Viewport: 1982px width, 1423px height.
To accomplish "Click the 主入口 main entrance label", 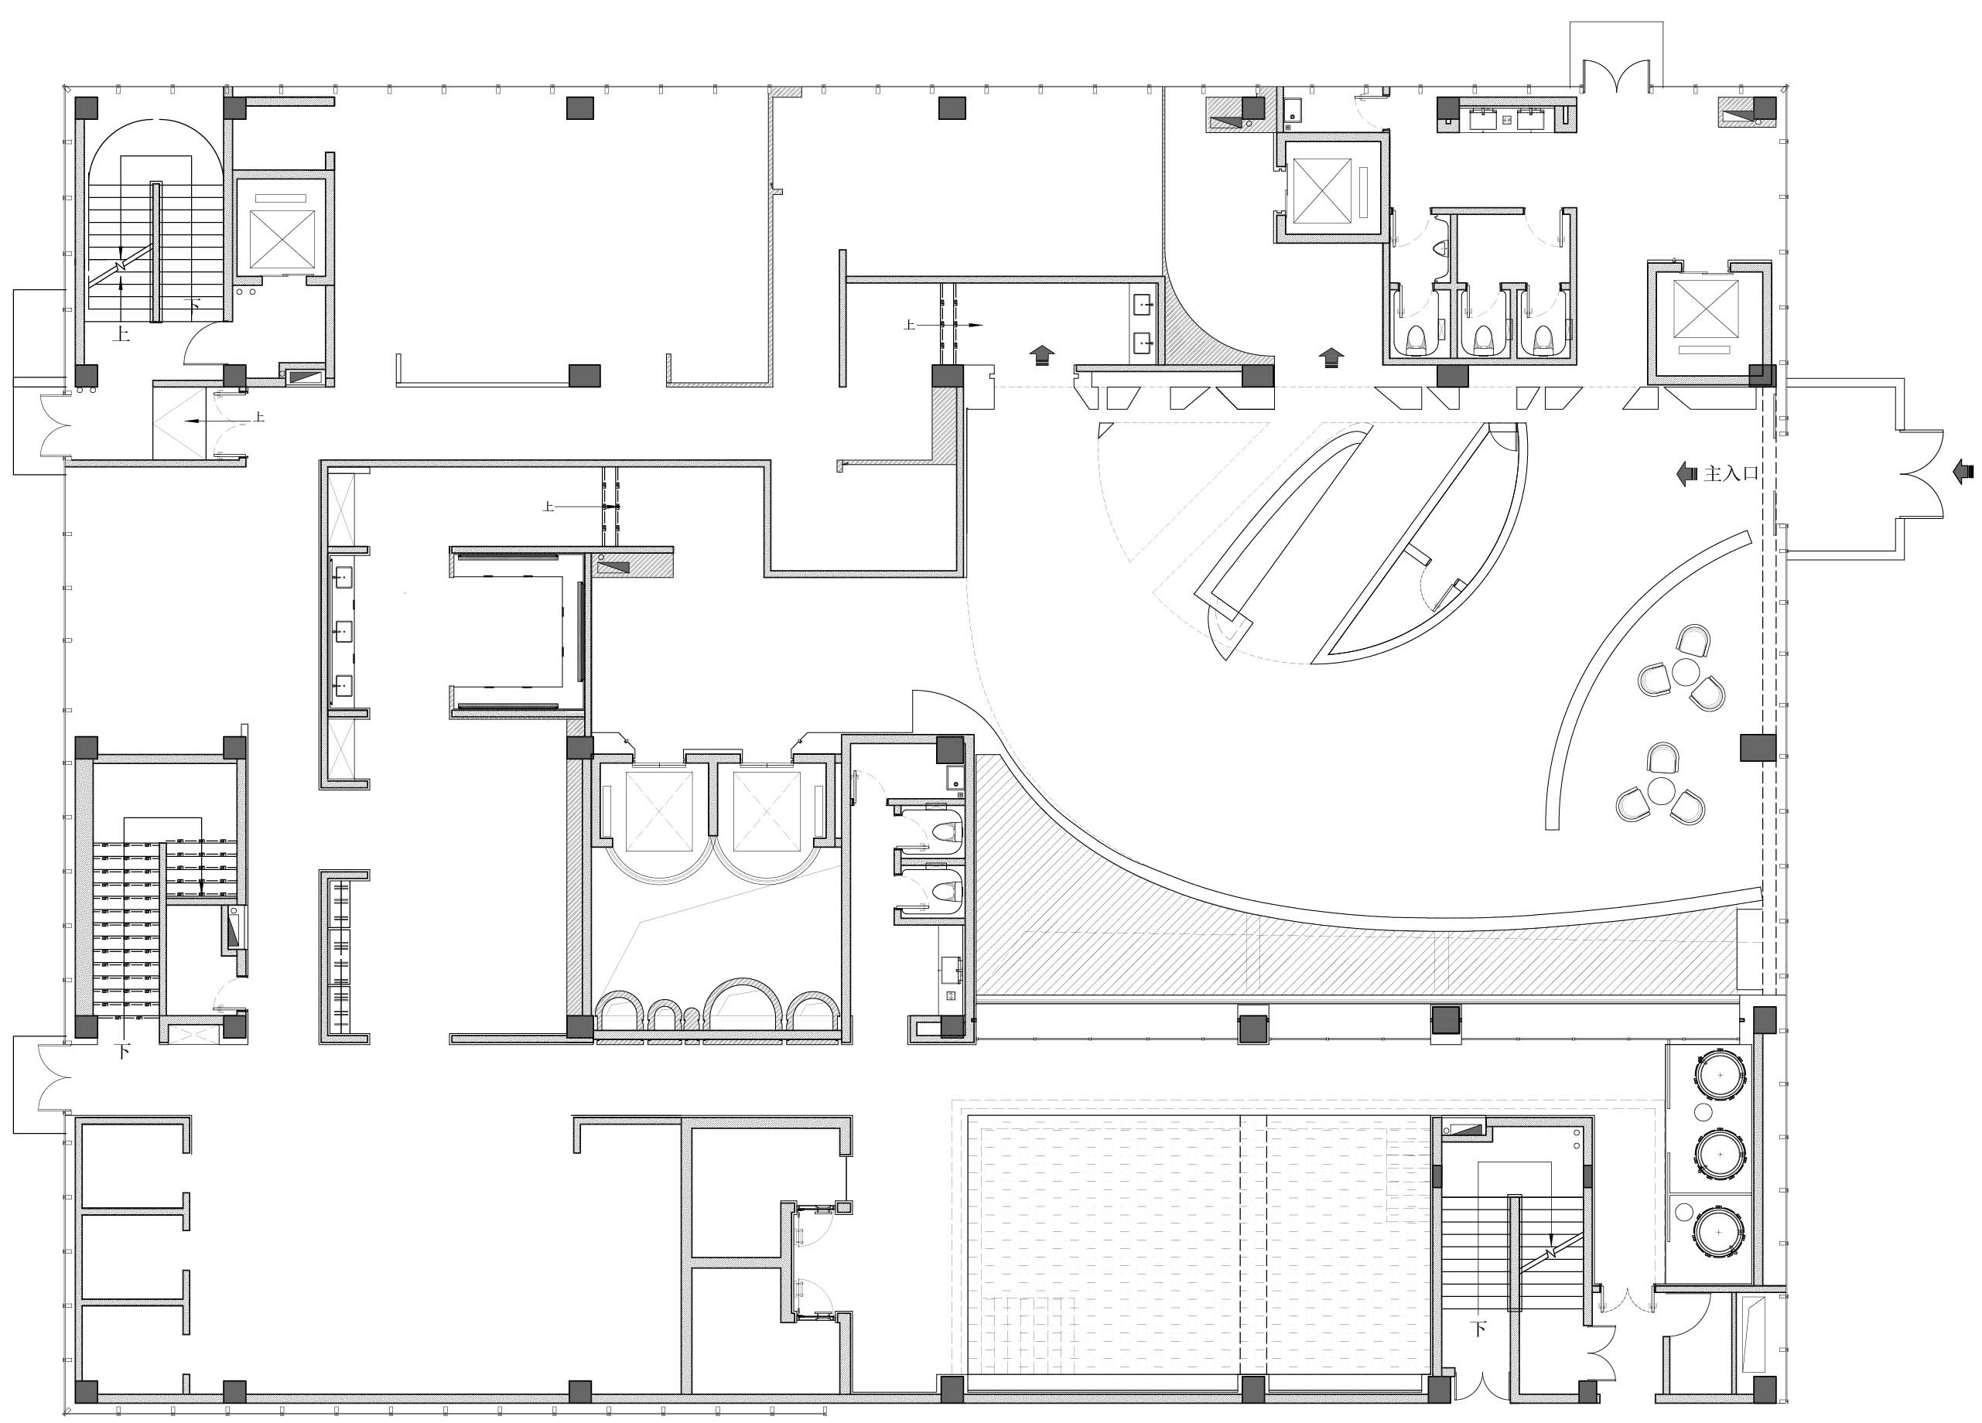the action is (1731, 474).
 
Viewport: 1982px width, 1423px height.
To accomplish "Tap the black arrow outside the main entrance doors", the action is (1962, 473).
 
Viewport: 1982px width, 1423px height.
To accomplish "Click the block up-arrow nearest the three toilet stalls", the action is (1330, 357).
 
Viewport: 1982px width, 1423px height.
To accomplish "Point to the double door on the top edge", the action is (1617, 75).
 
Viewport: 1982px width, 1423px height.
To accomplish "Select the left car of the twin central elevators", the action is (659, 811).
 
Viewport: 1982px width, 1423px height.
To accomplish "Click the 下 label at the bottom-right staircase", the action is (1478, 1329).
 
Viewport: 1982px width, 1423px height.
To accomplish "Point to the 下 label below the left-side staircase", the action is (123, 1052).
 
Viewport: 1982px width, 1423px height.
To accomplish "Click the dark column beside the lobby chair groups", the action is (1758, 748).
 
